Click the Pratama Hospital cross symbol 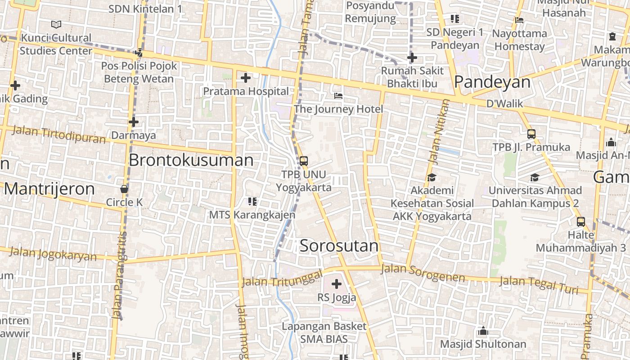[245, 78]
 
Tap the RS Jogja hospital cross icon [336, 284]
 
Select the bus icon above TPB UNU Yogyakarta [304, 161]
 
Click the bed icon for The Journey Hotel [338, 96]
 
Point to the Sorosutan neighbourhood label [339, 246]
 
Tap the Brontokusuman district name [191, 160]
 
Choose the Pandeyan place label [492, 82]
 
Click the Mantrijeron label [49, 189]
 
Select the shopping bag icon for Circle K [124, 189]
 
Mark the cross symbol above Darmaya [133, 122]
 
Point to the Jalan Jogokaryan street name [53, 254]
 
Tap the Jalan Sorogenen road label [423, 273]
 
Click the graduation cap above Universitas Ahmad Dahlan [535, 178]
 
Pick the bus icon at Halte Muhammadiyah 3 [581, 221]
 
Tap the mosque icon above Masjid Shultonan [483, 331]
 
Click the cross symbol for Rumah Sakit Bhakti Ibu [412, 58]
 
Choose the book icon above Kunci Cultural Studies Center [56, 24]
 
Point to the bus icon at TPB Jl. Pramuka [531, 134]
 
